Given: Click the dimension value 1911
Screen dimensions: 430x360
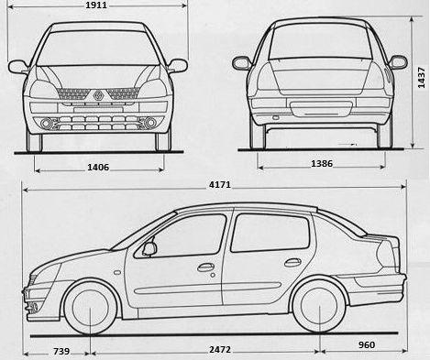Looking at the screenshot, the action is (x=95, y=5).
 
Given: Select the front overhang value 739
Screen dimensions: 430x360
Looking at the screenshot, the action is (x=61, y=351).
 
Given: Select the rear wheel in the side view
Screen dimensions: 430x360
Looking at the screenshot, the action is (x=319, y=309).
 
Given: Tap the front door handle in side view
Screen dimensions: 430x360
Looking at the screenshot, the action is (x=205, y=267).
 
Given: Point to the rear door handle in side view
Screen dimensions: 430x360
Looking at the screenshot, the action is (x=292, y=263).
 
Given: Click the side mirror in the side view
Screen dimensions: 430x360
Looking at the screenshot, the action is (x=149, y=247).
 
